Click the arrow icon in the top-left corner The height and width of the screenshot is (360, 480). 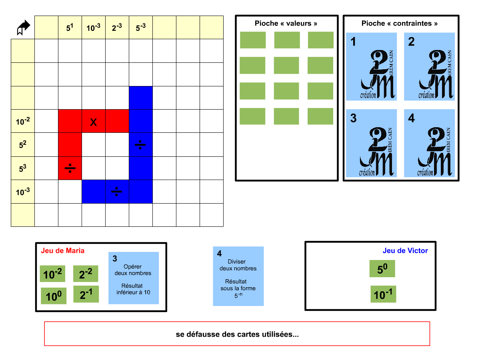23,28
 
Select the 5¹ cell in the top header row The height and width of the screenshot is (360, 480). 70,28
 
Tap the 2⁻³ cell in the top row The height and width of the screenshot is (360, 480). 117,28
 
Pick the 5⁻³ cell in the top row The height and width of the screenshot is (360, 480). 141,28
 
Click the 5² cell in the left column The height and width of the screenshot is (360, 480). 23,144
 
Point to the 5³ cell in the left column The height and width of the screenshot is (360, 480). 23,168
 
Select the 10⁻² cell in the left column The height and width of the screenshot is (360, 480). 23,121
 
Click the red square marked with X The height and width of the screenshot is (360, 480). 94,121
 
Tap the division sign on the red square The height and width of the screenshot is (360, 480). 70,168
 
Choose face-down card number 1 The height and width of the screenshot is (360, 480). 372,66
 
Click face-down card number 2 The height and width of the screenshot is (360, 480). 430,66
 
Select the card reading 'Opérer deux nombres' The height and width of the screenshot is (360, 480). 134,278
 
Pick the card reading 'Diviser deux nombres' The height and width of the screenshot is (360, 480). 238,276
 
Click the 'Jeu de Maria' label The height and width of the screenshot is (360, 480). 63,251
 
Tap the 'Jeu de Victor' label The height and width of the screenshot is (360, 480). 405,251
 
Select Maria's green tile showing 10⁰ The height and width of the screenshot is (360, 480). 54,296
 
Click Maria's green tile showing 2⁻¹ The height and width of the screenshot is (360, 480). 86,294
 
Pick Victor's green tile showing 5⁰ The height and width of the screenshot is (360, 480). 382,269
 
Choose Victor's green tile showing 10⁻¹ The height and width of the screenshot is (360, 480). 383,294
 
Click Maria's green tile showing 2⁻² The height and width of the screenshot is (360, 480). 86,274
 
